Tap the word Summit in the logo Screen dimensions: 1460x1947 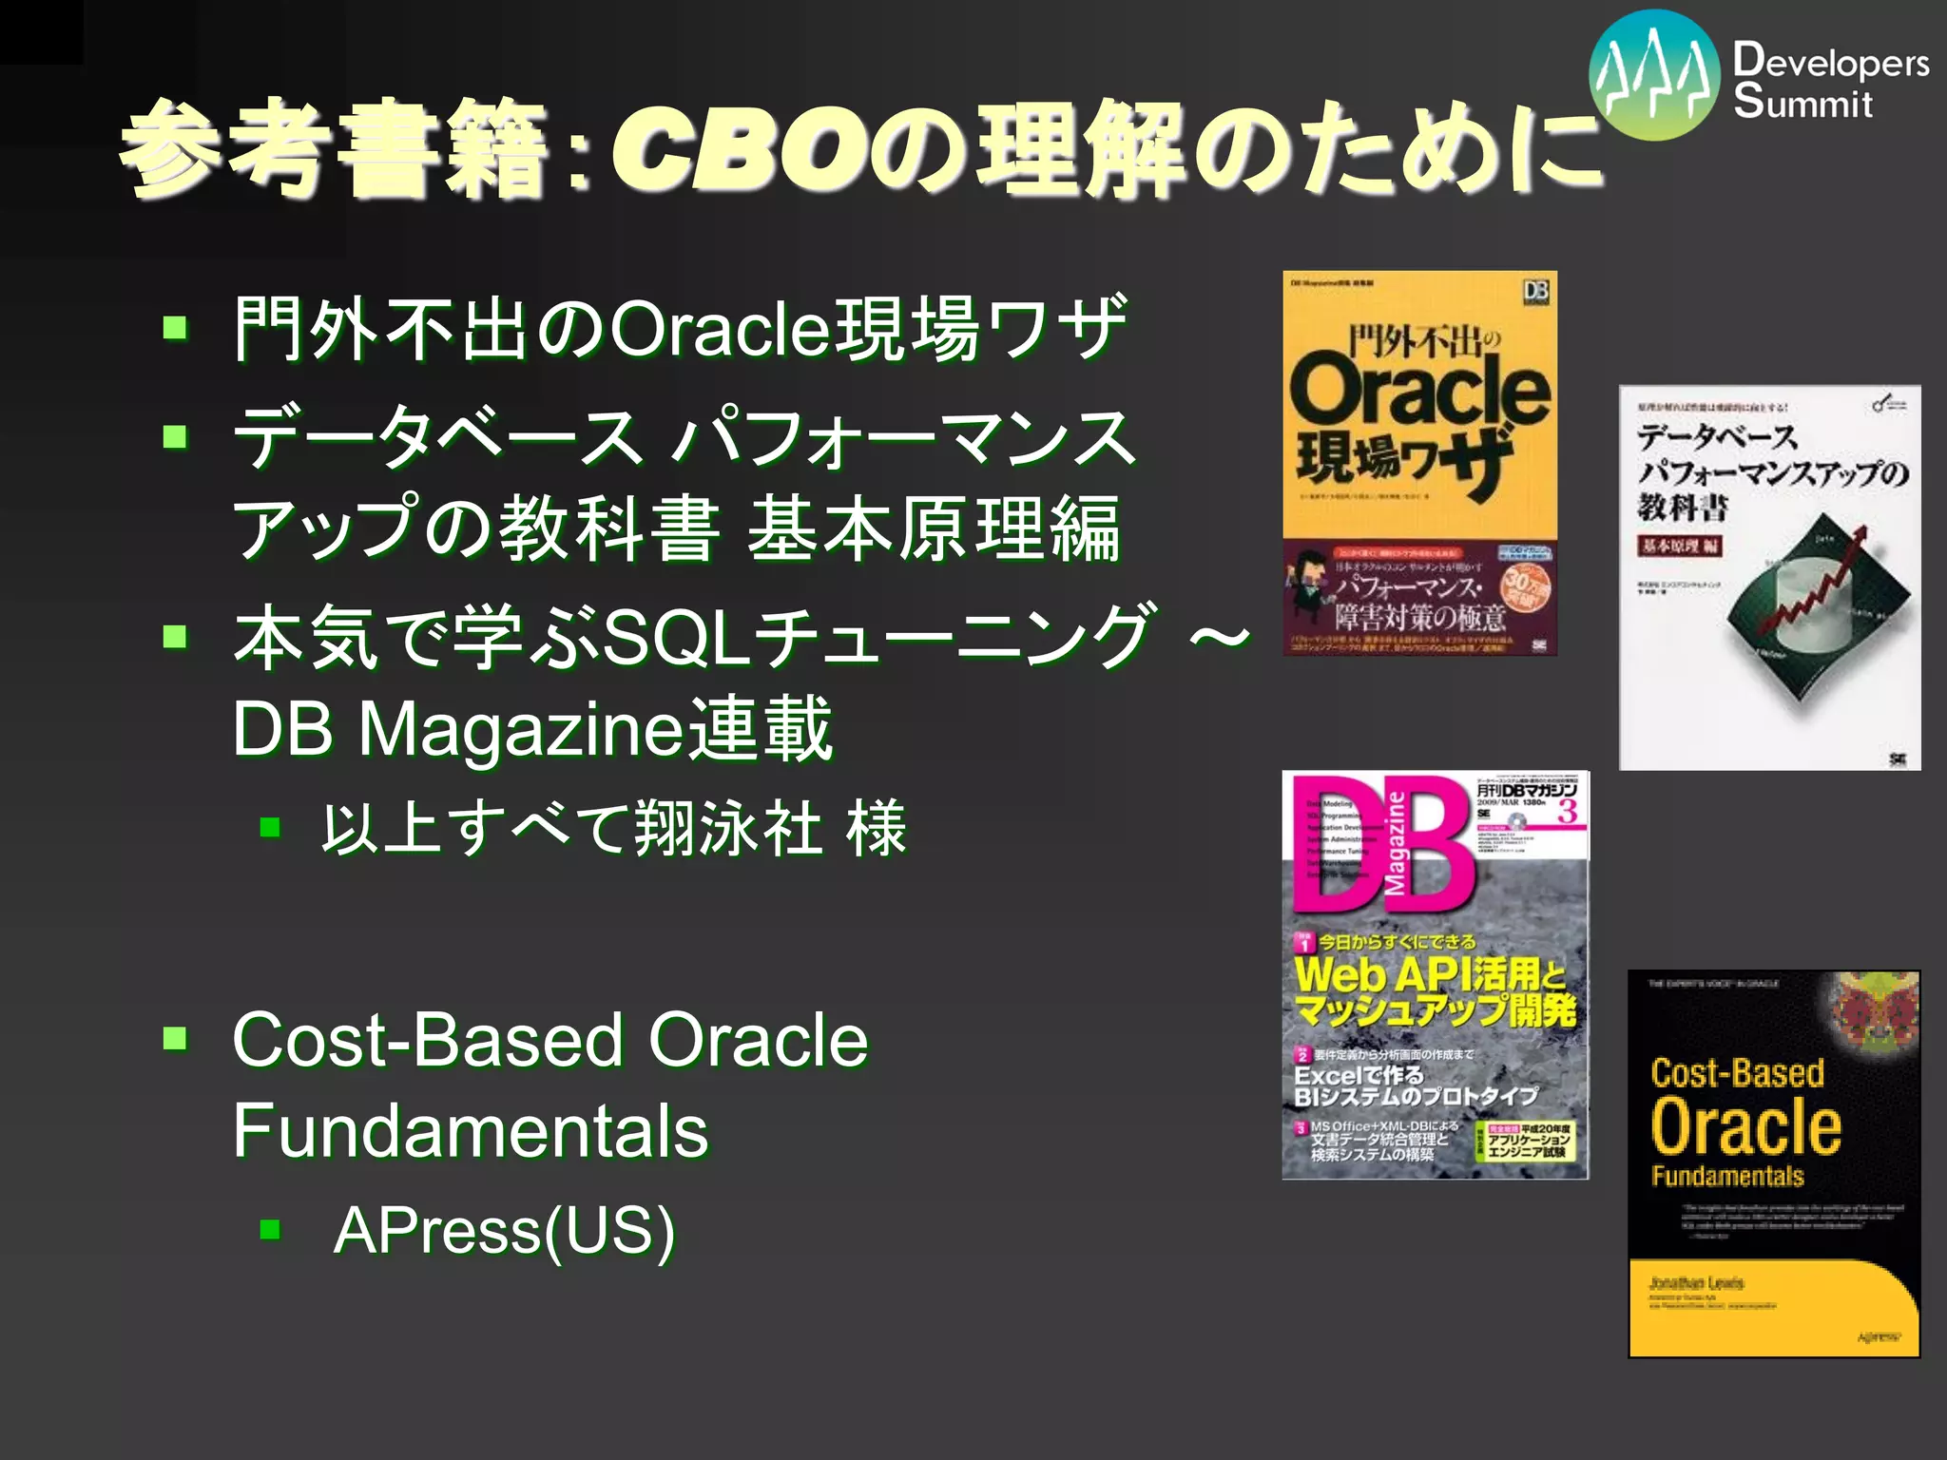point(1802,102)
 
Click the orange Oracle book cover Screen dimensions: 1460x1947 point(1419,463)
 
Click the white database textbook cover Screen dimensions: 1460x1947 point(1769,577)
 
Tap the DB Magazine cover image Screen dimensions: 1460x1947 point(1435,974)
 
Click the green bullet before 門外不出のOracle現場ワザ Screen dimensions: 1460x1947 point(175,329)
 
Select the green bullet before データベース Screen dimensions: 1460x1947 point(175,437)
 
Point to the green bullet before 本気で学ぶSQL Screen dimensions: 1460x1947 point(175,636)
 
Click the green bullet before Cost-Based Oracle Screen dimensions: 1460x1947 point(175,1038)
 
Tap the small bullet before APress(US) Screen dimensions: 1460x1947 point(271,1230)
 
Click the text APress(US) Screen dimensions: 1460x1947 point(504,1230)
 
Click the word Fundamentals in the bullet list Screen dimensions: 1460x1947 point(471,1130)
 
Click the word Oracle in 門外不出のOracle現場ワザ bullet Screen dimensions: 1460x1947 point(719,329)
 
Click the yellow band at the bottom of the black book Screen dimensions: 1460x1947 point(1773,1307)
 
